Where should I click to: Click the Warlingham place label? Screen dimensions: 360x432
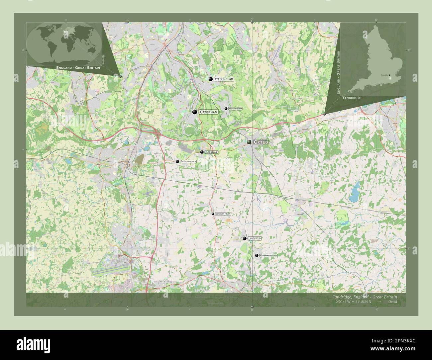[x=224, y=79]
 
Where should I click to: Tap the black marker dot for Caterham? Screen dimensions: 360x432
[x=194, y=112]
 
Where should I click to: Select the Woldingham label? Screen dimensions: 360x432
[x=235, y=109]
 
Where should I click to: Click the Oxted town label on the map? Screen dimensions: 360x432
[x=261, y=142]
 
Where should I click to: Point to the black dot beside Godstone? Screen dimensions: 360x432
[x=202, y=152]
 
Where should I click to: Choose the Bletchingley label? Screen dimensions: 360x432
[x=188, y=161]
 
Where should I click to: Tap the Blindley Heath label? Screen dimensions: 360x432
[x=223, y=214]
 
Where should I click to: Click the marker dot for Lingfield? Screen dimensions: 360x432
[x=245, y=238]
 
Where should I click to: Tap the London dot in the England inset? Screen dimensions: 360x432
[x=389, y=75]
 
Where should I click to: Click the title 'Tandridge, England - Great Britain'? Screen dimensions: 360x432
[x=364, y=297]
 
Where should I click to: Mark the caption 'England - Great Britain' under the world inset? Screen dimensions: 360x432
[x=78, y=67]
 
